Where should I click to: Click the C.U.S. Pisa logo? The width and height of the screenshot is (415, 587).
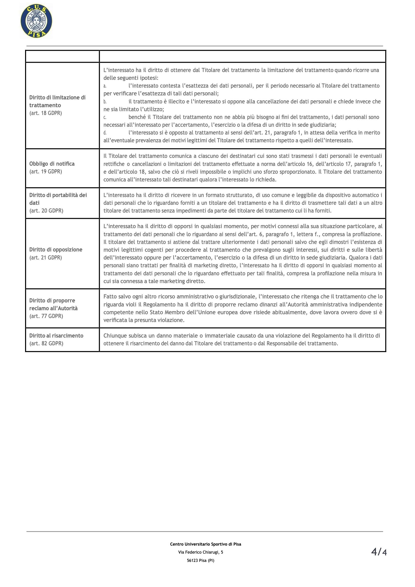pyautogui.click(x=36, y=21)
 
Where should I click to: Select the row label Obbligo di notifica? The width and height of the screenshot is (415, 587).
pyautogui.click(x=52, y=164)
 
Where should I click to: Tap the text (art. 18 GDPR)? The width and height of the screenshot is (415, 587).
pyautogui.click(x=45, y=113)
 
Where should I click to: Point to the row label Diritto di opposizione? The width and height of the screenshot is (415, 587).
pyautogui.click(x=56, y=250)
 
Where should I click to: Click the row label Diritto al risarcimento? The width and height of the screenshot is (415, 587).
pyautogui.click(x=56, y=336)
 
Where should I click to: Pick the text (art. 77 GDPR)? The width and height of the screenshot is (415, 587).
pyautogui.click(x=46, y=316)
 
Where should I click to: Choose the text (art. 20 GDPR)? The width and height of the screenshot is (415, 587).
pyautogui.click(x=46, y=211)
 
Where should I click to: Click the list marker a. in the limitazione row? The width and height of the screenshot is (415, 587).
pyautogui.click(x=105, y=86)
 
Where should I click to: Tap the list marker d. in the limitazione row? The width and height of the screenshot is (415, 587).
pyautogui.click(x=105, y=133)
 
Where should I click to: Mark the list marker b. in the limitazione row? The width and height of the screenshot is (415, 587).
pyautogui.click(x=105, y=102)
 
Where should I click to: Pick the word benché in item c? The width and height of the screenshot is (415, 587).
pyautogui.click(x=137, y=117)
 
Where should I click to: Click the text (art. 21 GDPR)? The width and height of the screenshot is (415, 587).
pyautogui.click(x=45, y=257)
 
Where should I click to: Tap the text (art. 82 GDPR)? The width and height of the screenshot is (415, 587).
pyautogui.click(x=46, y=344)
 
